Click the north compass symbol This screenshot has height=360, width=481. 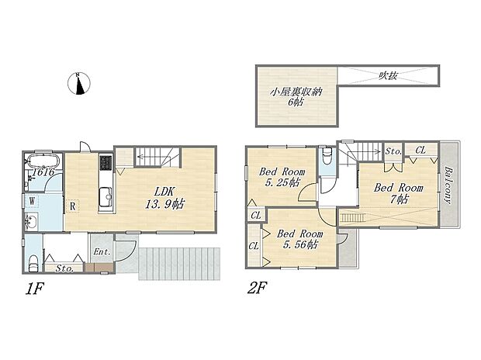(79, 84)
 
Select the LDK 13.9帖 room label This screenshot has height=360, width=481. (164, 198)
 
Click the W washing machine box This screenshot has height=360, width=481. (32, 201)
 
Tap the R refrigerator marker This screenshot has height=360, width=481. (72, 206)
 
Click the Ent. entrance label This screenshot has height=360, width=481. (102, 252)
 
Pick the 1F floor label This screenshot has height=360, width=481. (35, 289)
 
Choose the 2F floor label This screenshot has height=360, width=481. (258, 288)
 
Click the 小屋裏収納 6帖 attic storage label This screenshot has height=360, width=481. (296, 97)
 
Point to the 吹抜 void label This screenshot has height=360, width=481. (388, 75)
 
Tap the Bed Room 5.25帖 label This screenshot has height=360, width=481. (282, 177)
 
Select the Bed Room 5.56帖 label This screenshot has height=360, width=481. (299, 239)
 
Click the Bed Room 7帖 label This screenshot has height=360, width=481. (399, 193)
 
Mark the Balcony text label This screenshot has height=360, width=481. (448, 185)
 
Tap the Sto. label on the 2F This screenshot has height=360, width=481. (393, 151)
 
